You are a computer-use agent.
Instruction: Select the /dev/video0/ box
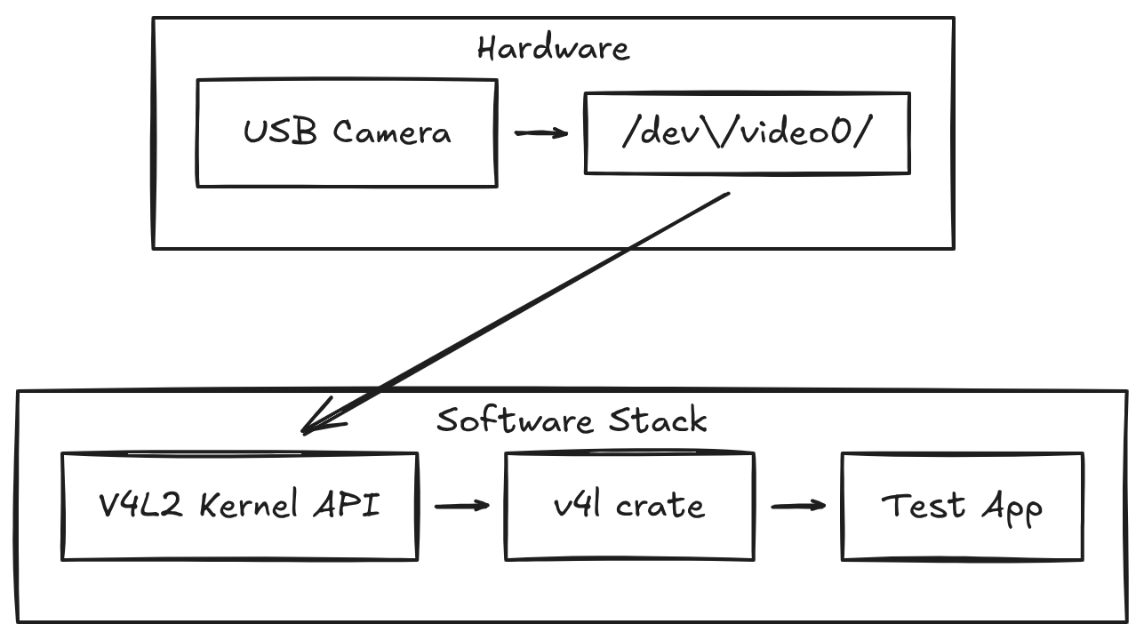[x=747, y=133]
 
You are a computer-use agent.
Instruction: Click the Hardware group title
[x=553, y=47]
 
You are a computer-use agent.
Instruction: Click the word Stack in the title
[x=658, y=420]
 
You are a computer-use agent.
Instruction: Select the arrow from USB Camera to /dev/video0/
[x=540, y=133]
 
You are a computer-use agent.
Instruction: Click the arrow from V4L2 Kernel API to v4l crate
[x=461, y=506]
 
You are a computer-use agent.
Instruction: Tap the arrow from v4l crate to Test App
[x=797, y=506]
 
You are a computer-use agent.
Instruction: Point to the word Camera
[x=392, y=133]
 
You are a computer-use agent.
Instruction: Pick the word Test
[x=923, y=505]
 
